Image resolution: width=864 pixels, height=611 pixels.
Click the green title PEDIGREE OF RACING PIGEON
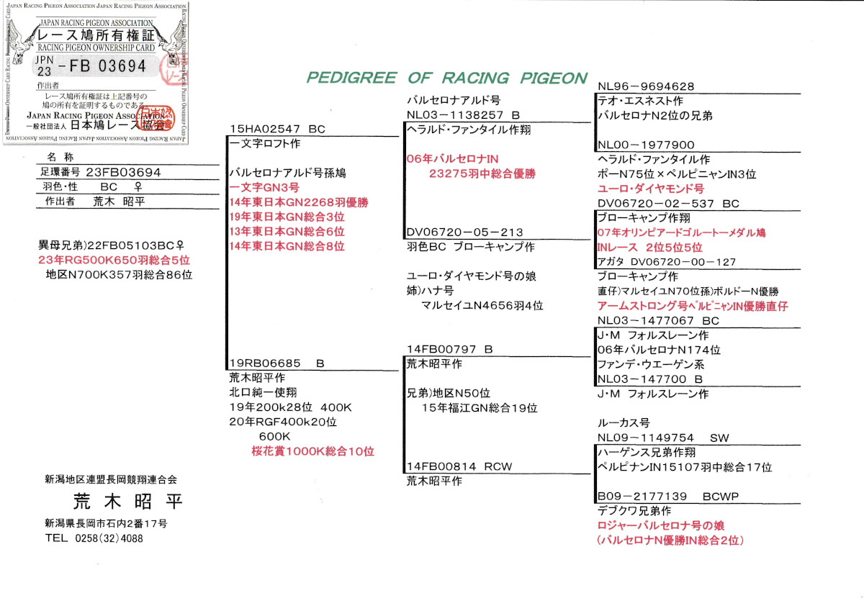pos(446,78)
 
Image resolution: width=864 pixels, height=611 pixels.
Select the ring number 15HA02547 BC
pos(277,129)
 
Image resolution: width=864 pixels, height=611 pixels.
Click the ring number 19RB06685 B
pos(277,363)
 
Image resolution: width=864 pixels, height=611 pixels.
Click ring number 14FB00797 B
pos(449,349)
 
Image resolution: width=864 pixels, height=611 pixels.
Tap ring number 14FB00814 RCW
pos(459,466)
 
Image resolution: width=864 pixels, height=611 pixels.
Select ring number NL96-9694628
pos(646,86)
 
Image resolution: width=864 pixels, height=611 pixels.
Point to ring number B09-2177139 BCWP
pos(667,497)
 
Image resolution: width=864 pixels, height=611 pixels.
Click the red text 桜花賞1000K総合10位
pos(312,451)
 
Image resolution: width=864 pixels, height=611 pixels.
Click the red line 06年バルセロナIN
pos(453,158)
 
